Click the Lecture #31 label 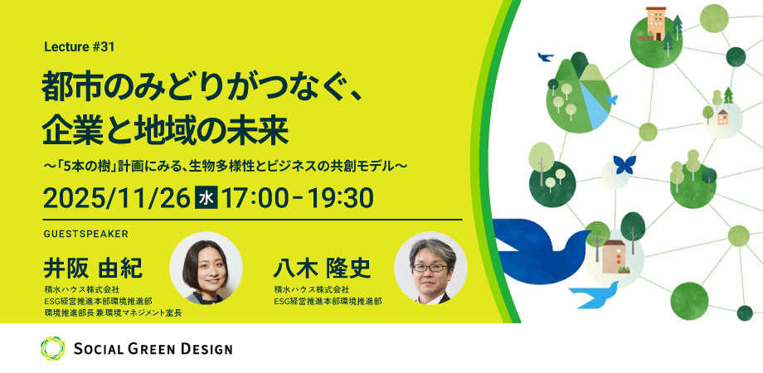79,47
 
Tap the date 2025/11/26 116,198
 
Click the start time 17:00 255,198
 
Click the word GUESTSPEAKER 85,234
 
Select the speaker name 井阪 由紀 92,269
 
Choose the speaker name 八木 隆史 322,269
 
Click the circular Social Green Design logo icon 52,348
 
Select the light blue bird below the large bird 595,295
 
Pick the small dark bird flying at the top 546,57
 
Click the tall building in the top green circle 656,23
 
